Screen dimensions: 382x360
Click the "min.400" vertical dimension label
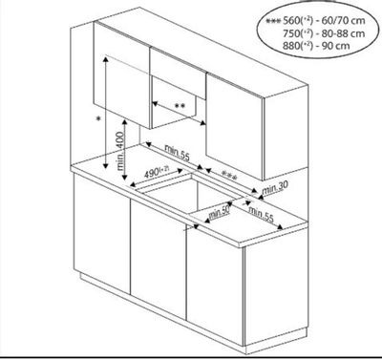(120, 151)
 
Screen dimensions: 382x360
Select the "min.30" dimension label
(274, 188)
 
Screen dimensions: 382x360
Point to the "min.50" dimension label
(219, 212)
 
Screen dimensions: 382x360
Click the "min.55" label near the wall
(177, 153)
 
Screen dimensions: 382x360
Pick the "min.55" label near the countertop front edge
(261, 214)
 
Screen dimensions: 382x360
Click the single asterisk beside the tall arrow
(98, 118)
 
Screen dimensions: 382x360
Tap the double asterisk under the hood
(180, 107)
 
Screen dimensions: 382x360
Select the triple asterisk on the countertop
(229, 176)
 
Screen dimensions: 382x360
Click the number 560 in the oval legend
(291, 21)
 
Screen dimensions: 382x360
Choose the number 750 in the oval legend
(291, 33)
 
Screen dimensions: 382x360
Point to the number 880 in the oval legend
(291, 45)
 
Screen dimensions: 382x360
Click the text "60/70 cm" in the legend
(343, 21)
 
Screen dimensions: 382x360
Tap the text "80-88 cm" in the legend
(343, 33)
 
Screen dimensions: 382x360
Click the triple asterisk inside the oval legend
(273, 21)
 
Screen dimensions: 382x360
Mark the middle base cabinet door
(159, 259)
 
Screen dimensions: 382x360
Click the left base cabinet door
(102, 233)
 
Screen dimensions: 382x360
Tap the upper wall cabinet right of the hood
(235, 126)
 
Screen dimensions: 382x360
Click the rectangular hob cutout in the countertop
(188, 194)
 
